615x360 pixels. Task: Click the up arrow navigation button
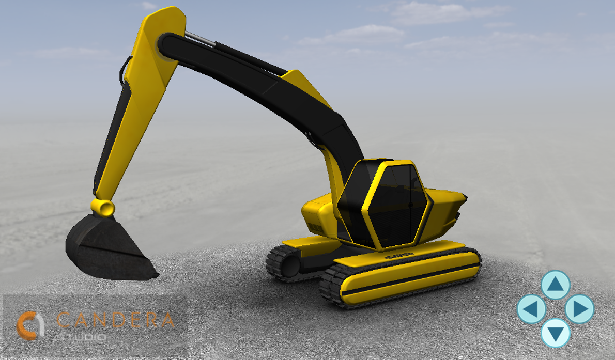click(x=556, y=285)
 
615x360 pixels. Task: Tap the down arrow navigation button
click(x=556, y=333)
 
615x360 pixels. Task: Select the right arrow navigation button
click(x=580, y=309)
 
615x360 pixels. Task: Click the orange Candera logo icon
click(x=30, y=325)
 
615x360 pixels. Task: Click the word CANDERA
click(x=115, y=320)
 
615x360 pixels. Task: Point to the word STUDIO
click(x=81, y=337)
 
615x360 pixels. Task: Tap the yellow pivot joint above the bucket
click(x=103, y=207)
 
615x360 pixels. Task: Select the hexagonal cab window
click(x=396, y=206)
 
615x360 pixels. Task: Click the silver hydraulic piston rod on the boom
click(x=199, y=38)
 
